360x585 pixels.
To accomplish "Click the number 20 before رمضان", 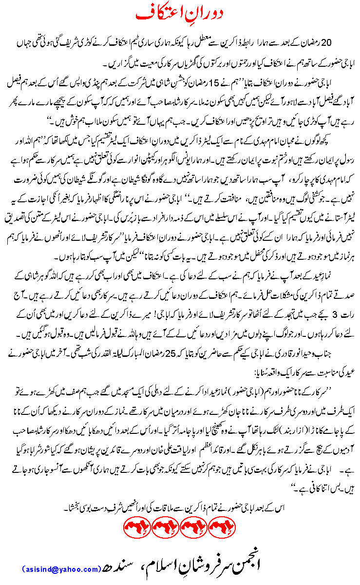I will coord(334,43).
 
